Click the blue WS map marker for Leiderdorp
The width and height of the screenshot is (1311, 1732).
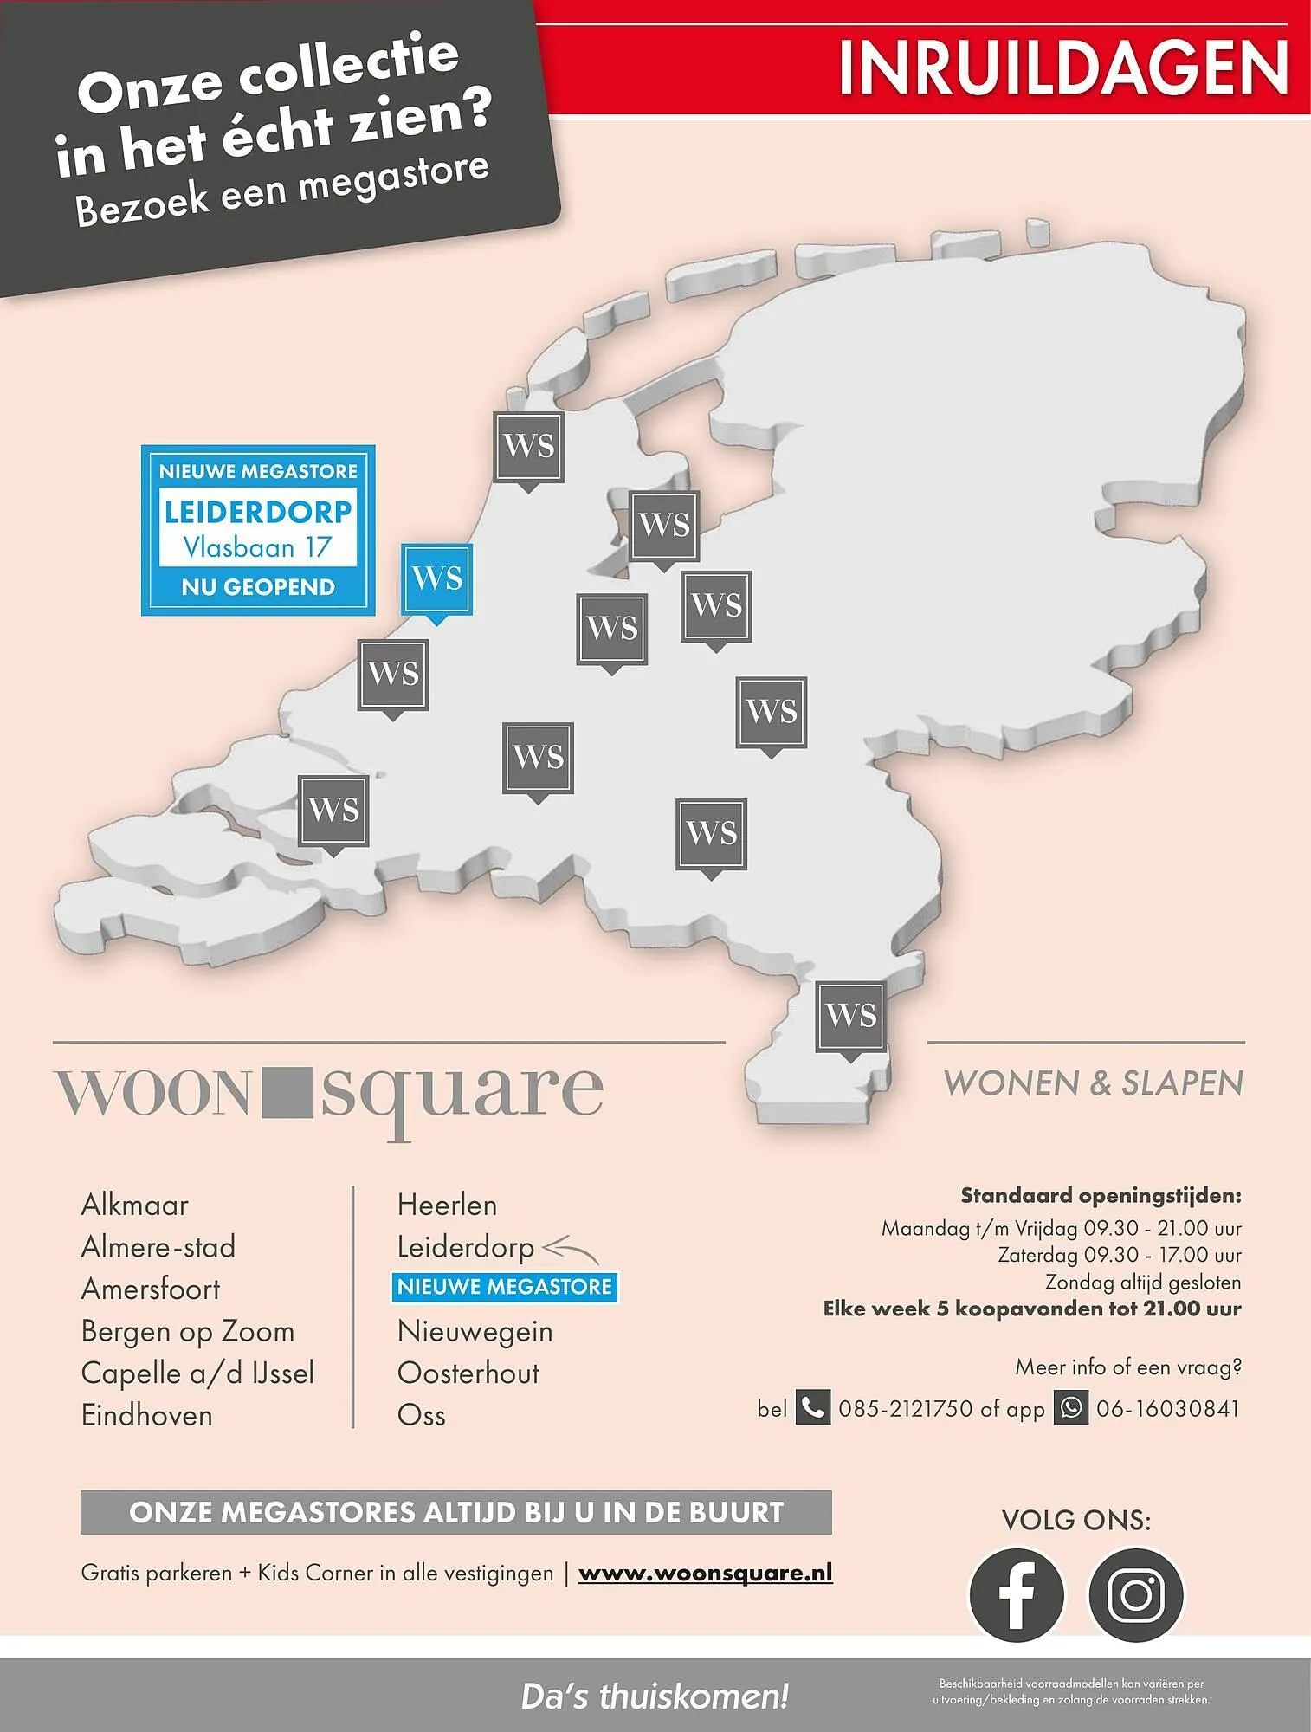pyautogui.click(x=437, y=578)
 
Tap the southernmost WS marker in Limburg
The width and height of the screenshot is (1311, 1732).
pyautogui.click(x=851, y=1017)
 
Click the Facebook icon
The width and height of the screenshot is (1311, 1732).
pyautogui.click(x=1016, y=1594)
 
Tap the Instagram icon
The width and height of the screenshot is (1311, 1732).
pyautogui.click(x=1135, y=1594)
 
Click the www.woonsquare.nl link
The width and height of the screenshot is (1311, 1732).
pyautogui.click(x=705, y=1574)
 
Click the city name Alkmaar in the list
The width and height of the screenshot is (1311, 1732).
pyautogui.click(x=134, y=1205)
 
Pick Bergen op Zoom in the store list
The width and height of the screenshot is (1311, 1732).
pyautogui.click(x=187, y=1331)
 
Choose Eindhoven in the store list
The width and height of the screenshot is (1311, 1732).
pyautogui.click(x=146, y=1415)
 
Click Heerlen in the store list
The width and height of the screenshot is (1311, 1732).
pyautogui.click(x=447, y=1205)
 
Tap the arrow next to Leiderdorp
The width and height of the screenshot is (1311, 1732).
pyautogui.click(x=570, y=1250)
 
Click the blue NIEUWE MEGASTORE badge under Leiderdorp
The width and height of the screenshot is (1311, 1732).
pyautogui.click(x=505, y=1287)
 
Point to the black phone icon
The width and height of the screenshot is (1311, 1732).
pyautogui.click(x=812, y=1408)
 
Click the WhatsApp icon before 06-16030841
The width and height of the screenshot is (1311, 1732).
pyautogui.click(x=1071, y=1408)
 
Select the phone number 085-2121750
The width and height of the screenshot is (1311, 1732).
pyautogui.click(x=905, y=1409)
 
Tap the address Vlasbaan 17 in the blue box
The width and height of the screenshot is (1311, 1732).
pyautogui.click(x=257, y=547)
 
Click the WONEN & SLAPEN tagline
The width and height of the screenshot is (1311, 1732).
pyautogui.click(x=1093, y=1083)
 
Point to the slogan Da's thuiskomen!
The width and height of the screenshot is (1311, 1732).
pyautogui.click(x=655, y=1696)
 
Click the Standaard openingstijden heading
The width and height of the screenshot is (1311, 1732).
pyautogui.click(x=1100, y=1196)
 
